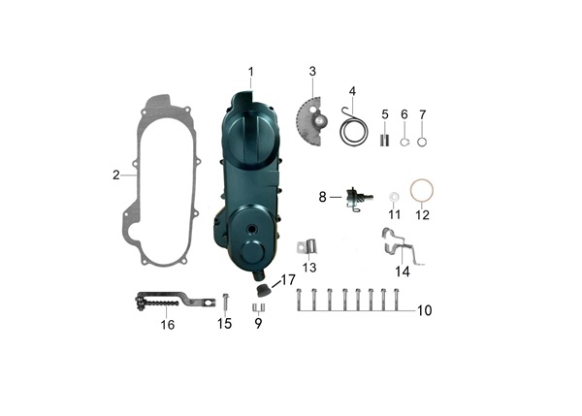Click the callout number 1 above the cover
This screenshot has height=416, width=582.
251,72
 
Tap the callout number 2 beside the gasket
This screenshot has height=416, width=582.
116,175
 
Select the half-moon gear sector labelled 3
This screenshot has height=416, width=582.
311,120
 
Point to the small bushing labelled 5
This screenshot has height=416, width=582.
385,140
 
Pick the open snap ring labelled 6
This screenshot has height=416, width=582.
404,142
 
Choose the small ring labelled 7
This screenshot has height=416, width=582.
422,142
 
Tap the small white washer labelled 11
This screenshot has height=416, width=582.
393,197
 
